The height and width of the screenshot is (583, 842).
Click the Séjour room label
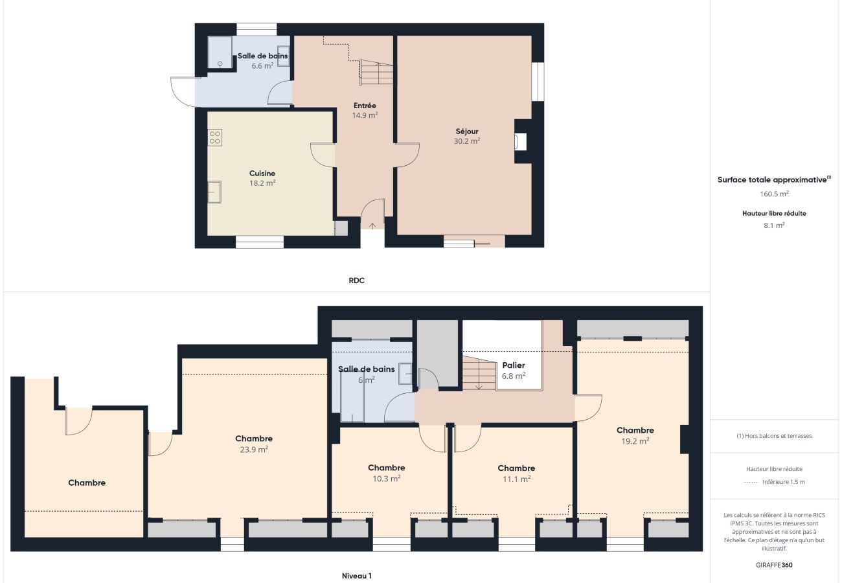coord(467,131)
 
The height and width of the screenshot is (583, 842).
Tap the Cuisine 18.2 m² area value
coord(262,183)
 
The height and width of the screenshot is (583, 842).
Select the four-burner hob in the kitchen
coord(214,137)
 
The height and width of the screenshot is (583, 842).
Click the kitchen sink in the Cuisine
coord(214,192)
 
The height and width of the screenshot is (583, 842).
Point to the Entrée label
coord(365,106)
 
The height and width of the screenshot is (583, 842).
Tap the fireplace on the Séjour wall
coord(521,142)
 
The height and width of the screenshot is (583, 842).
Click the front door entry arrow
coord(372,226)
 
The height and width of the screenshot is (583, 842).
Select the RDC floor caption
coord(356,280)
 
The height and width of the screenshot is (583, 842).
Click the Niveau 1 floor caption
coord(356,575)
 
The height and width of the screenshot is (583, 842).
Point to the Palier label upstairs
coord(514,365)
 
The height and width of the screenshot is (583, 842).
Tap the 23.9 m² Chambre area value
coord(254,449)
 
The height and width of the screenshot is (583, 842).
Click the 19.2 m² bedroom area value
coord(635,441)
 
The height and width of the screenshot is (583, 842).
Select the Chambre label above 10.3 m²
coord(387,468)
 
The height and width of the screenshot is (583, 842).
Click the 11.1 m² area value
coord(516,479)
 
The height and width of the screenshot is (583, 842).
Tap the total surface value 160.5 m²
coord(775,194)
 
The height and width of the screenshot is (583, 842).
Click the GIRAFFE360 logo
coord(775,565)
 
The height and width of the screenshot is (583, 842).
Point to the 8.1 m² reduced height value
coord(775,225)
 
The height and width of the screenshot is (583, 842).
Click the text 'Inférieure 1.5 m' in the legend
coord(784,482)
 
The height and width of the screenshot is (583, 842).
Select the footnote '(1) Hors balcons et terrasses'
coord(775,436)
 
